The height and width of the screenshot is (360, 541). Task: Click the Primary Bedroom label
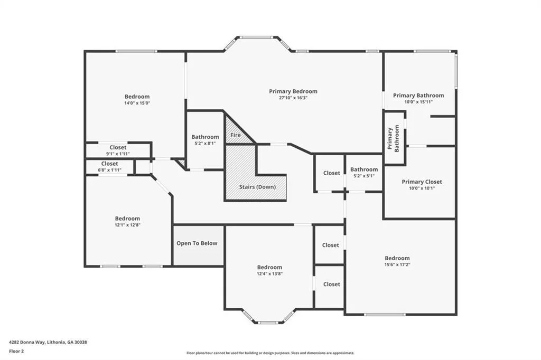[x=293, y=91]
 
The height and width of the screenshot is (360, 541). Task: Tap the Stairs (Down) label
[x=257, y=187]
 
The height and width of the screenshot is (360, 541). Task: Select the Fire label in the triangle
[x=235, y=135]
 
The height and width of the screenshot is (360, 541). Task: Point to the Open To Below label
[x=197, y=243]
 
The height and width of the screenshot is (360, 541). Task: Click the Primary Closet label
[x=422, y=182]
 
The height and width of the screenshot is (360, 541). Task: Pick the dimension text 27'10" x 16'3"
[x=293, y=98]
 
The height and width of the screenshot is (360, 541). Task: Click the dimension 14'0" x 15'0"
[x=137, y=103]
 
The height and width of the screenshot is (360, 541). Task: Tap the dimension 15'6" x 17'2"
[x=397, y=265]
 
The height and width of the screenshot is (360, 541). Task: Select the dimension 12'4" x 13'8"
[x=269, y=274]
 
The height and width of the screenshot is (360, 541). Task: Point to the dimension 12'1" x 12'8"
[x=127, y=225]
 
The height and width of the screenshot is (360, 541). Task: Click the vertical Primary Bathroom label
[x=393, y=139]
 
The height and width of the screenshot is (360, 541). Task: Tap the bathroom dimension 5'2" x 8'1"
[x=205, y=144]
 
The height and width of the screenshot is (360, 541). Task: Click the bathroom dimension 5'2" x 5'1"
[x=363, y=176]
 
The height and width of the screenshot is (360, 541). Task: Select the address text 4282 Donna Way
[x=26, y=343]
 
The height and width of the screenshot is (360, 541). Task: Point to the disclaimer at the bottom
[x=270, y=353]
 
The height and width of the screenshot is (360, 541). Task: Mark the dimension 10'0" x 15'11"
[x=418, y=102]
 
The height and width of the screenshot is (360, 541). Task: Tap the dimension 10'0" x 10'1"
[x=422, y=188]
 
